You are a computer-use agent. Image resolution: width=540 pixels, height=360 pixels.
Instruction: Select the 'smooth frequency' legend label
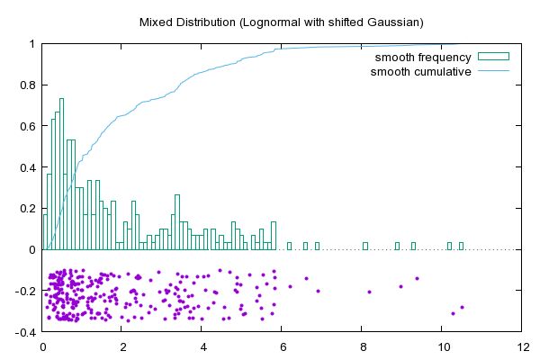[x=422, y=58]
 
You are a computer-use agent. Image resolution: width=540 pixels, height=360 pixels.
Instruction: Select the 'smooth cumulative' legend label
[x=421, y=71]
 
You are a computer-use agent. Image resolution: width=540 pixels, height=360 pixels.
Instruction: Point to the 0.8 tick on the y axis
[x=25, y=85]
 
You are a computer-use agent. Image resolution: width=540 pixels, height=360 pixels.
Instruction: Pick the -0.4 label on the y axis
[x=23, y=332]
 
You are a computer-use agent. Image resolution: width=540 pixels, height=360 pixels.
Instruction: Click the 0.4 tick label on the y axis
[x=25, y=167]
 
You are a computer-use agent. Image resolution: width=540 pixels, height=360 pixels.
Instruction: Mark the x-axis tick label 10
[x=442, y=345]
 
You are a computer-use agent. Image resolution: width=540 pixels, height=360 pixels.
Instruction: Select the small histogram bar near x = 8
[x=365, y=246]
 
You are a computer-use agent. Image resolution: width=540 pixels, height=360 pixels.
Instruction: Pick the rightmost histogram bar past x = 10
[x=461, y=246]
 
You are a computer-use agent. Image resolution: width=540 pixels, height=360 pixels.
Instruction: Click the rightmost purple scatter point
[x=462, y=308]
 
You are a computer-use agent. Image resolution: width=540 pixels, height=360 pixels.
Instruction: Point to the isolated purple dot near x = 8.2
[x=369, y=292]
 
